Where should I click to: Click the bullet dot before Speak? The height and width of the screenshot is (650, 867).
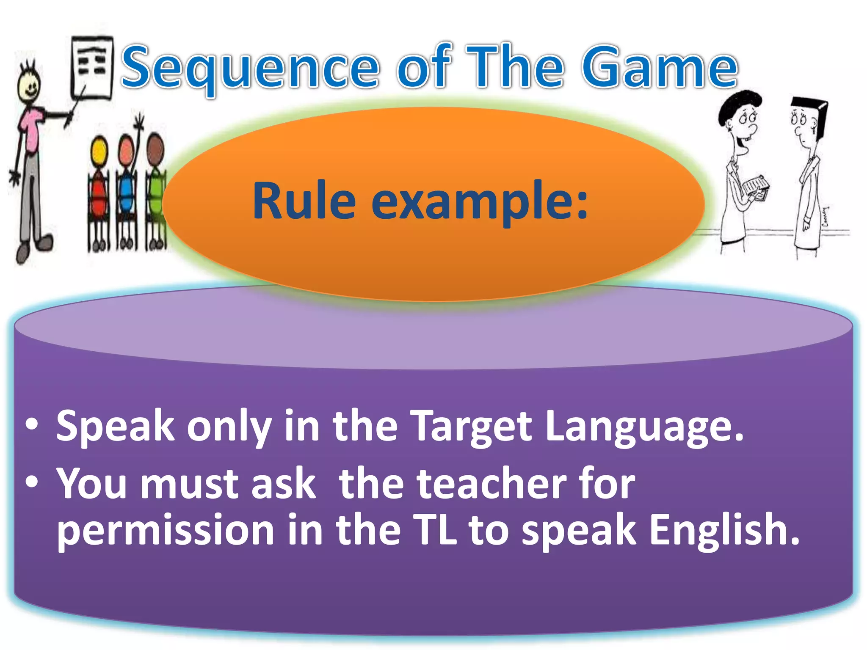tap(32, 424)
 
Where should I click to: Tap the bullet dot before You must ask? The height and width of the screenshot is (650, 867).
tap(32, 482)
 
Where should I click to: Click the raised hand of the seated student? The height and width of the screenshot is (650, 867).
tap(139, 123)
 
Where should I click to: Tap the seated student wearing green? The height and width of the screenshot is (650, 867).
tap(156, 190)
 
